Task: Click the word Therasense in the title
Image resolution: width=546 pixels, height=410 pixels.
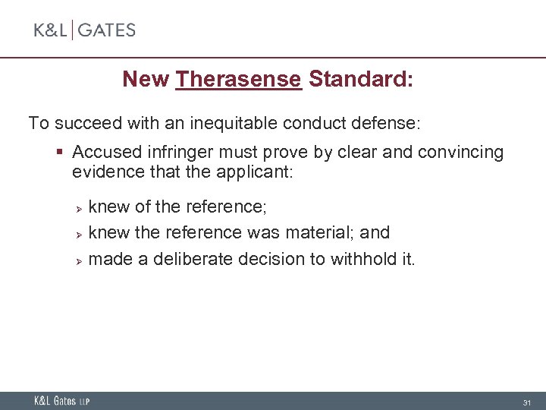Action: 239,79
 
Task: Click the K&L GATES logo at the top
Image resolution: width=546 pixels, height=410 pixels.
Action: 85,30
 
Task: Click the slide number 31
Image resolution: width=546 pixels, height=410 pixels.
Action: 526,402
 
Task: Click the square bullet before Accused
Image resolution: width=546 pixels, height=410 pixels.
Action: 60,153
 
